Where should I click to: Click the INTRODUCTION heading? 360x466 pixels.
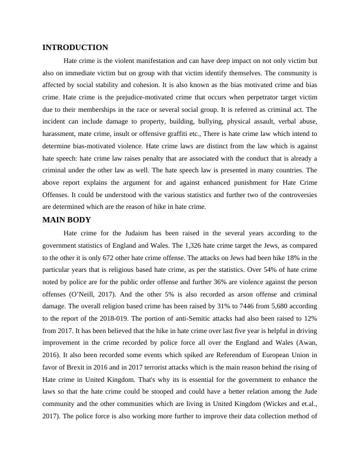[75, 48]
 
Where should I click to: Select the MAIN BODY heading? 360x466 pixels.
[67, 220]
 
